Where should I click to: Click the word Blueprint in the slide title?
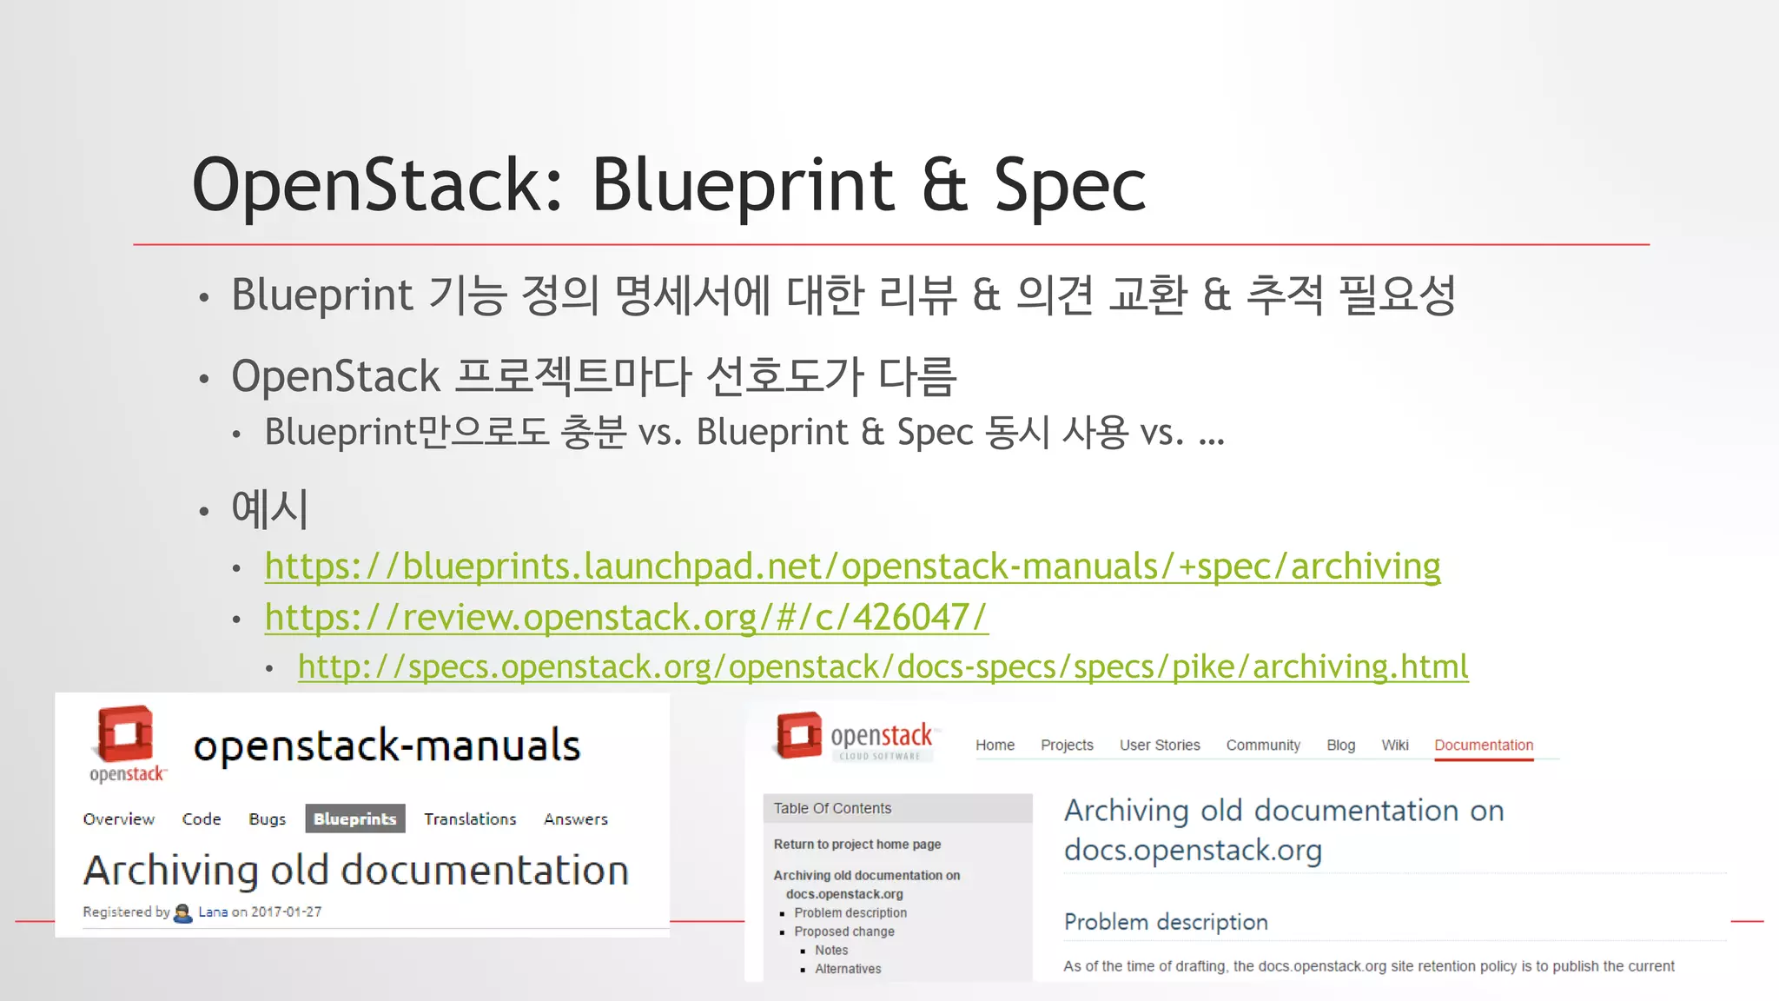(x=743, y=185)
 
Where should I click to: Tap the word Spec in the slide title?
(x=1069, y=185)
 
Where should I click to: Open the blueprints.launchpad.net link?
(x=852, y=567)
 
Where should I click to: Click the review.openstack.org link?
(x=626, y=618)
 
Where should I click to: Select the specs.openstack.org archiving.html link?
(x=883, y=666)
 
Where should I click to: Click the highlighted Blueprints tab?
(x=354, y=819)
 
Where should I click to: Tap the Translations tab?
(x=470, y=819)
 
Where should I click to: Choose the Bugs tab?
(x=267, y=819)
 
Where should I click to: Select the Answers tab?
(x=576, y=819)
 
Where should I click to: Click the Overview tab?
(x=119, y=819)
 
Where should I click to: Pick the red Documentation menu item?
(x=1483, y=745)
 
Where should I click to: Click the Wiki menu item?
(x=1394, y=745)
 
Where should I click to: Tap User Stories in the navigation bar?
(x=1159, y=745)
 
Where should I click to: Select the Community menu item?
(x=1262, y=745)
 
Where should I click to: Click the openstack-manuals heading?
(x=387, y=746)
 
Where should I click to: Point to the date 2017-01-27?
(x=286, y=912)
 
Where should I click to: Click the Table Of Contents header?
(x=832, y=808)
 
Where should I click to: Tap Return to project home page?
(x=856, y=844)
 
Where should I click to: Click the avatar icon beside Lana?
(x=183, y=912)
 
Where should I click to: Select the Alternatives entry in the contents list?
(x=847, y=969)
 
